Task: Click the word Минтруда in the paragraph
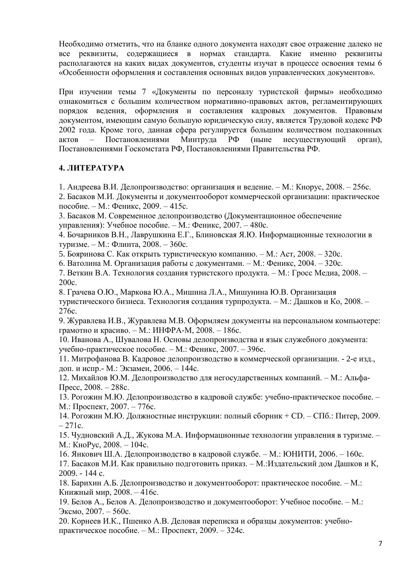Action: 199,140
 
